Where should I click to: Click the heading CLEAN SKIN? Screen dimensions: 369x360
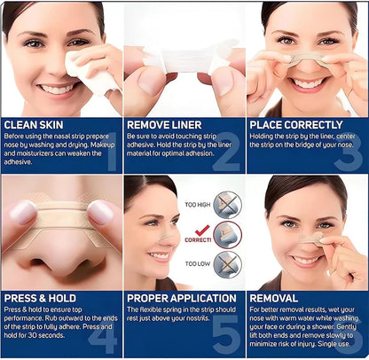tap(34, 125)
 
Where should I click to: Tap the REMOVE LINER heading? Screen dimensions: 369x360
tap(164, 125)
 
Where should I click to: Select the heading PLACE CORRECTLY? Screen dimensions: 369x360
tap(296, 125)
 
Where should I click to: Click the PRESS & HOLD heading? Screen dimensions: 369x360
tap(40, 298)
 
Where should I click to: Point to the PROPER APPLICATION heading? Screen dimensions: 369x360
tap(182, 298)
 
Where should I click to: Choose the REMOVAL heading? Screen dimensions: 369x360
tap(274, 298)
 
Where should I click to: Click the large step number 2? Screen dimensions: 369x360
tap(226, 152)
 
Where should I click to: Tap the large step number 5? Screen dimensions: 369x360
tap(226, 330)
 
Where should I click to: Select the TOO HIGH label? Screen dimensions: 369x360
tap(198, 204)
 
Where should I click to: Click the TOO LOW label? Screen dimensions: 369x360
tap(197, 263)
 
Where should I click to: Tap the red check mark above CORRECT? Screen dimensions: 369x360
tap(202, 231)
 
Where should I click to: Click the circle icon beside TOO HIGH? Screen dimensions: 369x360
tap(227, 205)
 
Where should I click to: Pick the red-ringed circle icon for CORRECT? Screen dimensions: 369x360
tap(227, 235)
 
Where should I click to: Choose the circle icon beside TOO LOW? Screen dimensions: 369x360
tap(227, 264)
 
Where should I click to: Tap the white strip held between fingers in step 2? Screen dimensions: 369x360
tap(185, 59)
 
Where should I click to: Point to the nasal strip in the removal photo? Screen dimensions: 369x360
tap(310, 238)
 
